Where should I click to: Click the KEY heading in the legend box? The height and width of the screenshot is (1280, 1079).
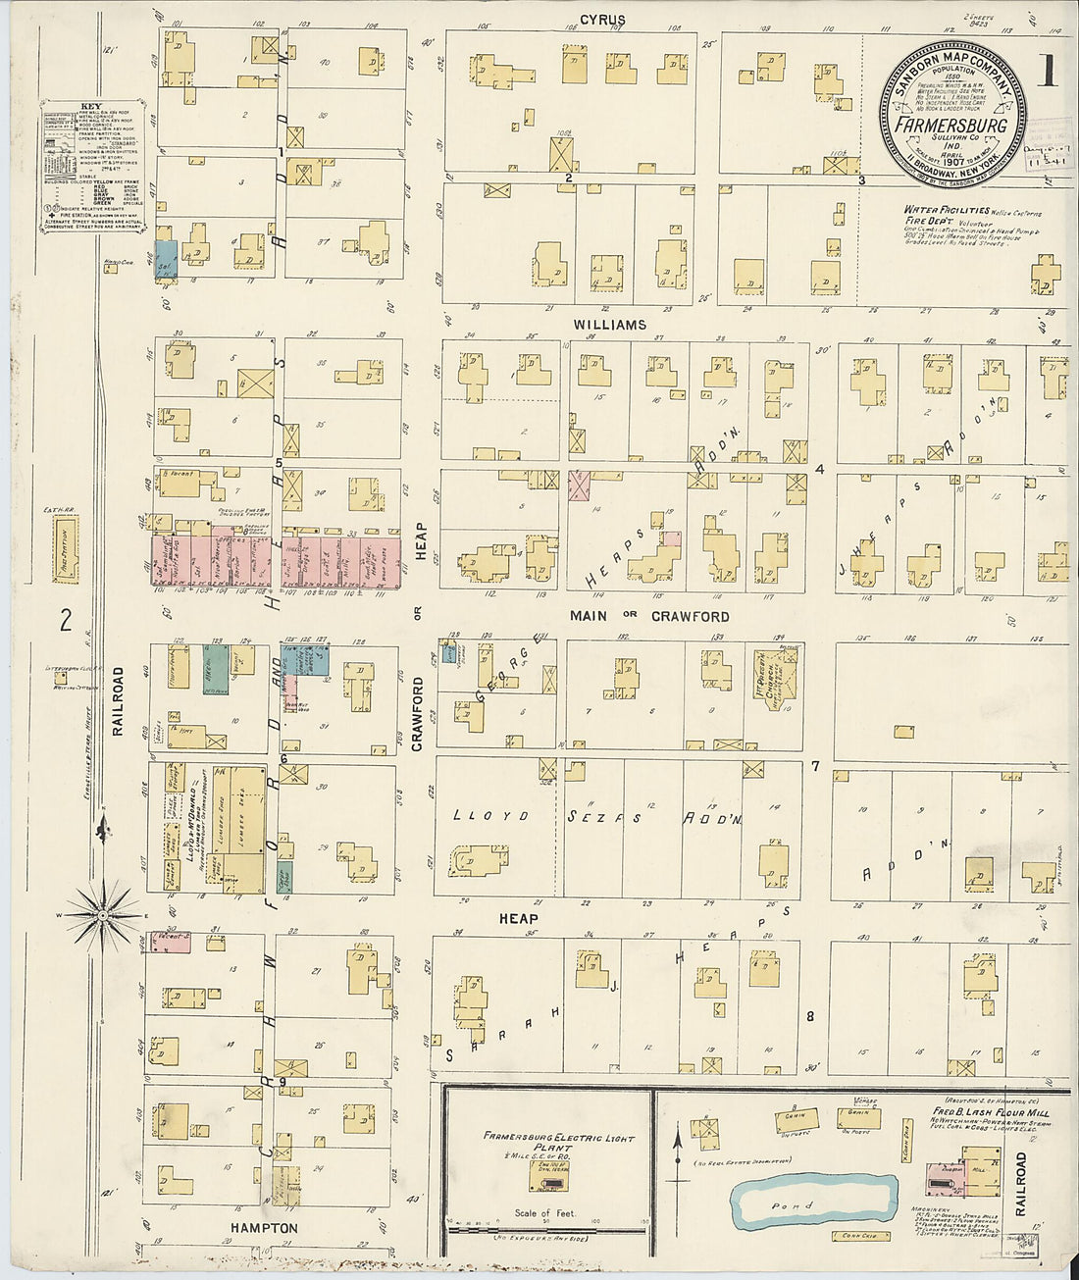[x=90, y=106]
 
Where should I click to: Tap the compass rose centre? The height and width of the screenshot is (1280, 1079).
[x=103, y=915]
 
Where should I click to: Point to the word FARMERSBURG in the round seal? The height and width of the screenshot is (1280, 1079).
[x=951, y=126]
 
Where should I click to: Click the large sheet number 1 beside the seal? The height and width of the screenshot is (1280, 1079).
[x=1049, y=74]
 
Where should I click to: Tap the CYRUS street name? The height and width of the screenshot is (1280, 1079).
[x=602, y=20]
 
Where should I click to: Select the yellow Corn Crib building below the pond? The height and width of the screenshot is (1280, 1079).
[x=853, y=1236]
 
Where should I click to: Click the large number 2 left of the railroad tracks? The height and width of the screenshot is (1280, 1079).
[x=67, y=619]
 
